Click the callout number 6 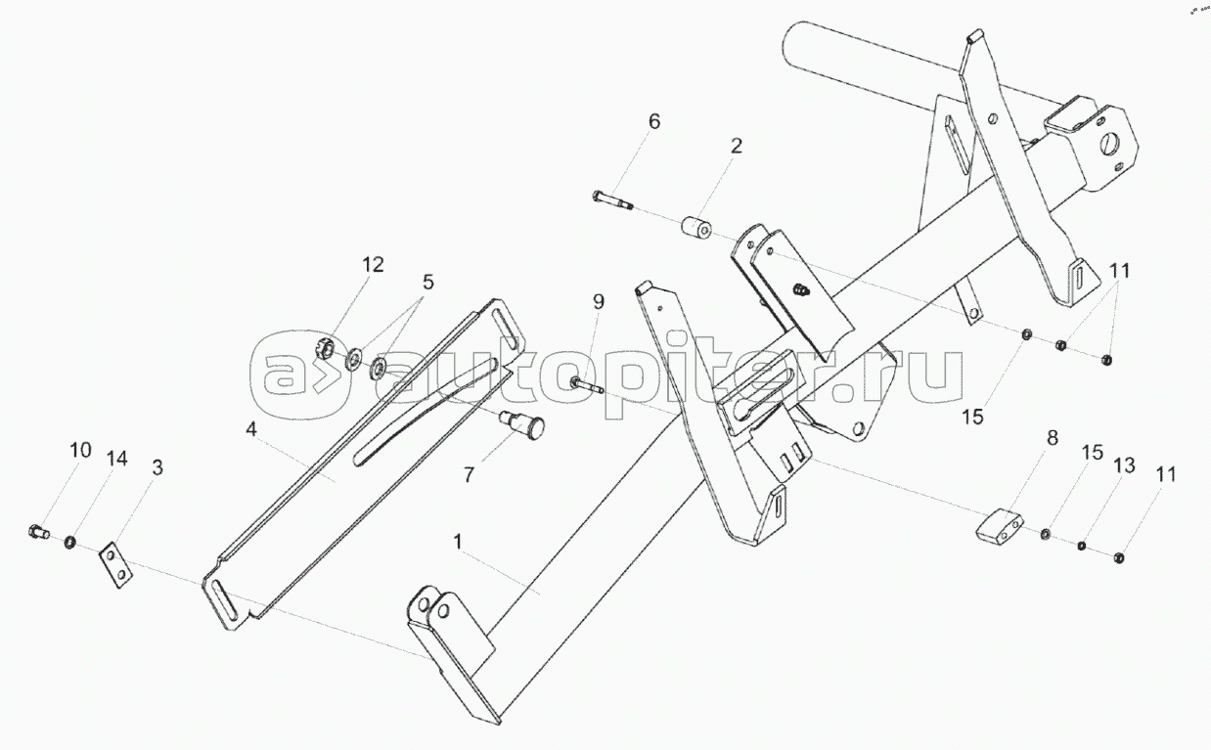[654, 122]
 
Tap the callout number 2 [736, 147]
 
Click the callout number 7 [469, 475]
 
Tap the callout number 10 [80, 451]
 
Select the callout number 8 [1053, 437]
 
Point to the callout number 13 [1124, 465]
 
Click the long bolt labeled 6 [613, 201]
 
